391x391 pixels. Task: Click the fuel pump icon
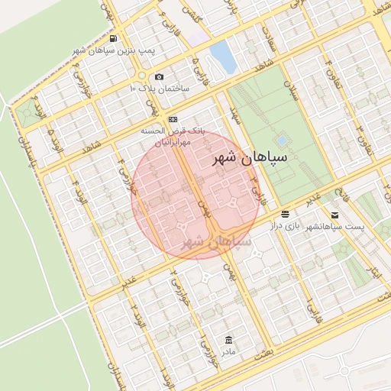[113, 38]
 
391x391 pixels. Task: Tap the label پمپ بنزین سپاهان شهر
[113, 50]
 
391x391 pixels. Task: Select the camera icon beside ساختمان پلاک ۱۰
[159, 76]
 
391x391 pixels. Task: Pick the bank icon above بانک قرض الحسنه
[173, 119]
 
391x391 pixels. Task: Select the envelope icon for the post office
[334, 215]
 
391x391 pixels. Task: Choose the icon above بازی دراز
[285, 215]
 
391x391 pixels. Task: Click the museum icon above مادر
[228, 339]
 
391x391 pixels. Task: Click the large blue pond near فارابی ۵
[222, 57]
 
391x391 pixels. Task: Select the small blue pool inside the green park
[282, 141]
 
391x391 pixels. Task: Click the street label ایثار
[374, 272]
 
